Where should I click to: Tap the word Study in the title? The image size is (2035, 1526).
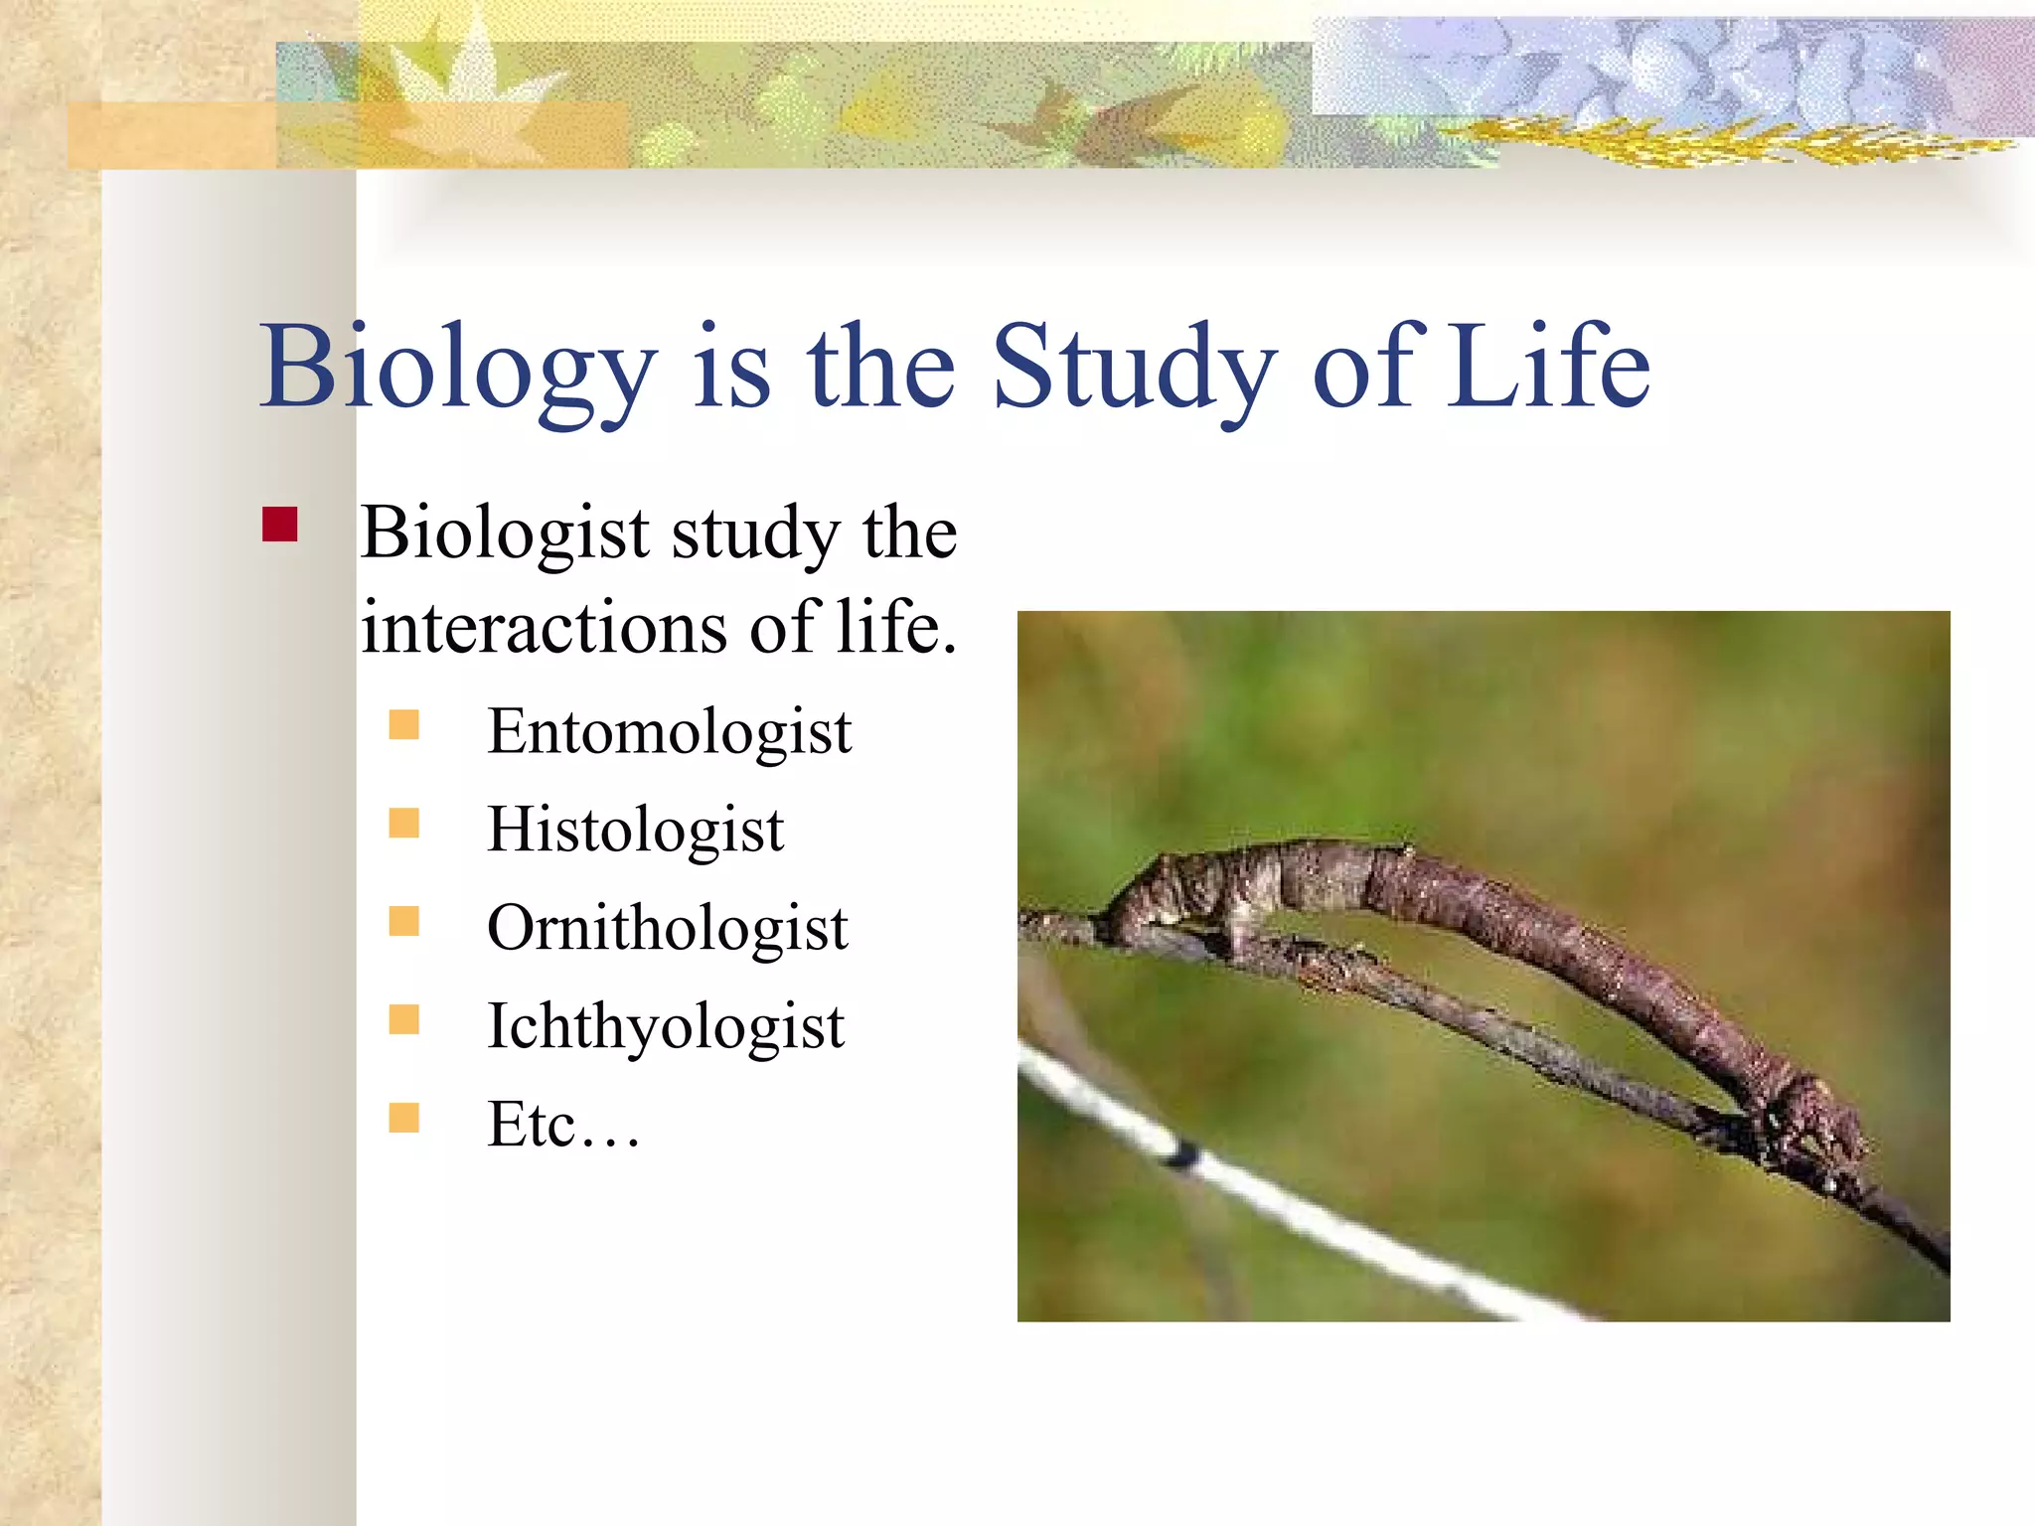(1133, 368)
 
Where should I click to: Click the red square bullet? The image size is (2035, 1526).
(280, 525)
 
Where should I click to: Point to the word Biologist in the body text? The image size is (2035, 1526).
(505, 534)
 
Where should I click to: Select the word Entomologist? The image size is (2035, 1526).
(669, 732)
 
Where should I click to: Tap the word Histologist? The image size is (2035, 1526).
(635, 830)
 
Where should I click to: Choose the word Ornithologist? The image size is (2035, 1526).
(667, 928)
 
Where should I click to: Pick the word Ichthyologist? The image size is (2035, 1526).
(665, 1026)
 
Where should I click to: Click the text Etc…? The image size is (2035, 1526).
(562, 1125)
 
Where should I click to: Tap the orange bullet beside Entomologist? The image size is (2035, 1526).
(403, 724)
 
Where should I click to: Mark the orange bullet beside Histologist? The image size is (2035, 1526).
(403, 823)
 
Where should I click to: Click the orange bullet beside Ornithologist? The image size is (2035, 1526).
(403, 921)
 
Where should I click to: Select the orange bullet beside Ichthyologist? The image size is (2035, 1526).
(403, 1019)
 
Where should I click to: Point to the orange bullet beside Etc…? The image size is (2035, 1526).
(403, 1118)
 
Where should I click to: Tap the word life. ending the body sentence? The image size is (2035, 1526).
(896, 628)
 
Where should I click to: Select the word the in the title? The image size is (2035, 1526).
(882, 368)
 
